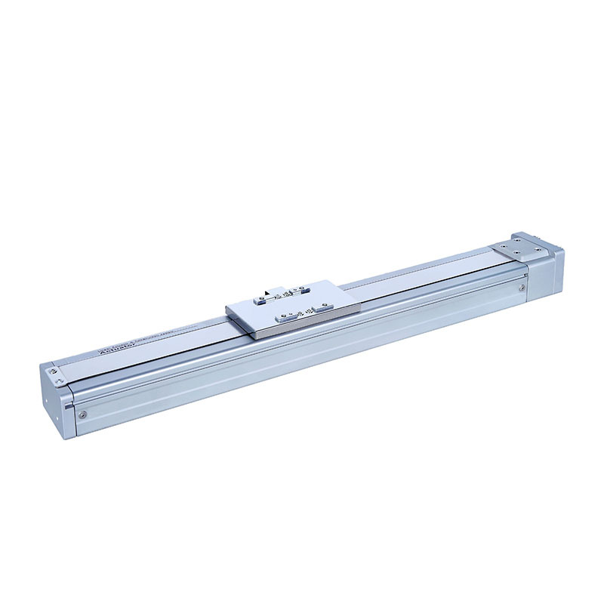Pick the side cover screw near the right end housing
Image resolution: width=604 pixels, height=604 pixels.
pos(522,287)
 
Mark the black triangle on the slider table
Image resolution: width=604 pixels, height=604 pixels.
pos(268,293)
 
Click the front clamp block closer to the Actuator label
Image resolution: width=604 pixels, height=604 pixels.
pos(286,317)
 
